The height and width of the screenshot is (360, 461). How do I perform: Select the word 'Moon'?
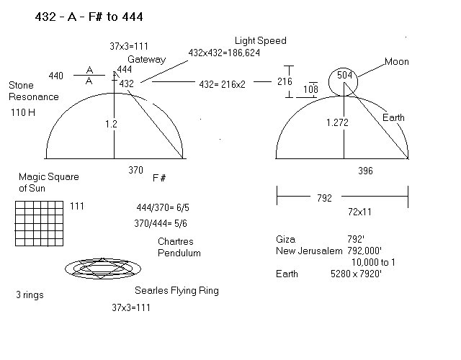click(395, 62)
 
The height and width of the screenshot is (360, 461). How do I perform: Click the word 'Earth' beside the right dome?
click(394, 117)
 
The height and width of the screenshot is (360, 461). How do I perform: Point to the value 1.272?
click(338, 123)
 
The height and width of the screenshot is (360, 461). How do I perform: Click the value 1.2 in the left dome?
click(110, 124)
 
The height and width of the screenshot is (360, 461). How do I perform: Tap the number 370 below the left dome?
click(135, 171)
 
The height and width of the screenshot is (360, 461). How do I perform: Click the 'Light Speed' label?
click(259, 40)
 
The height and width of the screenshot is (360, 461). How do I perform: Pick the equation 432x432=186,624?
click(224, 53)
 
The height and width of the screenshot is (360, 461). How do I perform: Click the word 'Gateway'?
click(147, 60)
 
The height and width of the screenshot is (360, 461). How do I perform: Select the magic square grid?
click(40, 222)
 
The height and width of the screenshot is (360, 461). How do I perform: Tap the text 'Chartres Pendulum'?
click(179, 247)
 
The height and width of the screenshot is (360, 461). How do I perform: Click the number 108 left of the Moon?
click(311, 90)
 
